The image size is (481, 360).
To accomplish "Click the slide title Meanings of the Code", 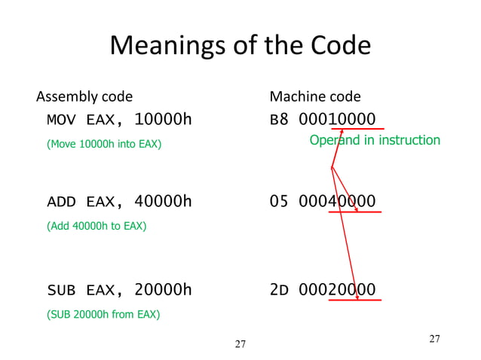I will (240, 47).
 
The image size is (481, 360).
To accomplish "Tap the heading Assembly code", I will (84, 96).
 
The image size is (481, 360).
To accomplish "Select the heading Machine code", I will (315, 96).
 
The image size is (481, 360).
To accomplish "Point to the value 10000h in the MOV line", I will (163, 120).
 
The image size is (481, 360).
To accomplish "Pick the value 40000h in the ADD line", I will (163, 201).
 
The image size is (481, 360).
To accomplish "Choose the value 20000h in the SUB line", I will (163, 290).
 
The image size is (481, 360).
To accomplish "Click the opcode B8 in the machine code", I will (279, 120).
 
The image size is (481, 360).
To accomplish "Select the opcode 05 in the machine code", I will (279, 201).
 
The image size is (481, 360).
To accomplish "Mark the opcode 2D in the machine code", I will (279, 290).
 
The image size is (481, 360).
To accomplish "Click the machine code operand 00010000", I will (337, 120).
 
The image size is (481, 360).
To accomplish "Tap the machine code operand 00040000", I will (337, 201).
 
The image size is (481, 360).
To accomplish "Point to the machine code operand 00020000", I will (337, 290).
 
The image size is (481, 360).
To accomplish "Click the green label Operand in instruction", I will (375, 140).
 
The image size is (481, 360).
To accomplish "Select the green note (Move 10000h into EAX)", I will (104, 143).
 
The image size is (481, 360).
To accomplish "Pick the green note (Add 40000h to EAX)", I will (97, 225).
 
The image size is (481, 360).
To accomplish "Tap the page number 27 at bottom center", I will (240, 345).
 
